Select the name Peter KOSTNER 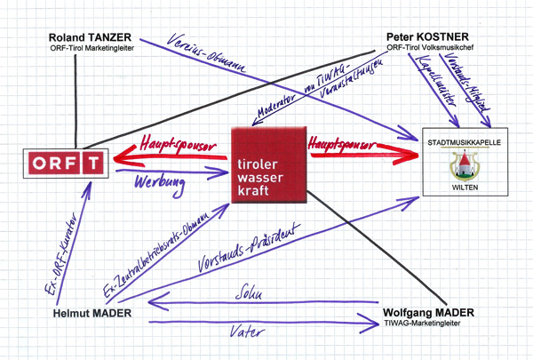[x=424, y=37]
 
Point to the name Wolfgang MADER [x=427, y=314]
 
